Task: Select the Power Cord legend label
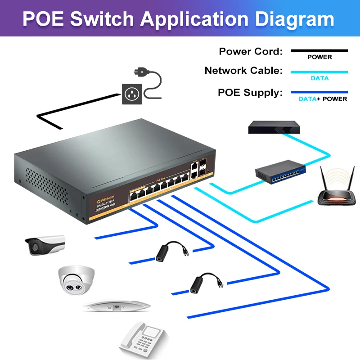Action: point(251,51)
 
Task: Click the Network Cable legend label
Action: point(243,71)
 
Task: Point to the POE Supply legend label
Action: point(250,93)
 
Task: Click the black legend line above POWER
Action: point(319,51)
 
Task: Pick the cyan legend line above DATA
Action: point(319,72)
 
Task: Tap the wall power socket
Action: point(132,94)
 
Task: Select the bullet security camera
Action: point(44,244)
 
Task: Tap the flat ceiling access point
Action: point(117,306)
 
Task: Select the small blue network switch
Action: point(280,172)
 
